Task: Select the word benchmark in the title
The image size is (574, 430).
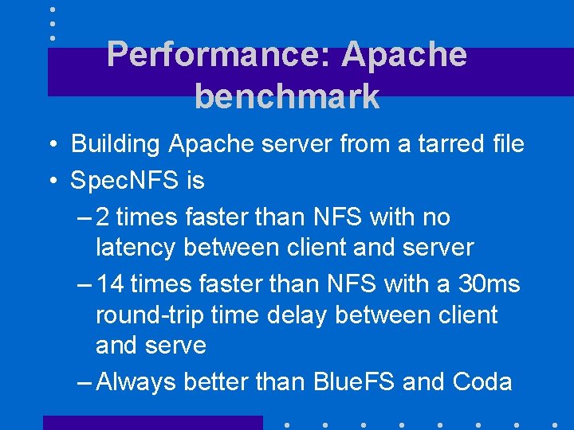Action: (x=287, y=96)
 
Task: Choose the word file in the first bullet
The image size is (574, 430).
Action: (x=505, y=144)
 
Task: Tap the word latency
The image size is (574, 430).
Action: (x=136, y=248)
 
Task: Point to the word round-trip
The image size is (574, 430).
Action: (x=150, y=315)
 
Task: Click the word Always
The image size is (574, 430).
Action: (x=139, y=382)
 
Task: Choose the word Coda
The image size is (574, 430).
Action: (x=482, y=382)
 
